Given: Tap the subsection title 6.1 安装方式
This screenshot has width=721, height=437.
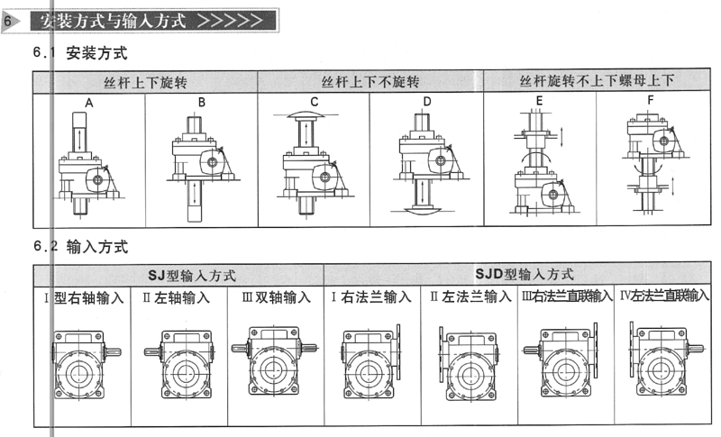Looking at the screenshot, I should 80,53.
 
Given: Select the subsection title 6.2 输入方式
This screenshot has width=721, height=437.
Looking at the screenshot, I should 80,245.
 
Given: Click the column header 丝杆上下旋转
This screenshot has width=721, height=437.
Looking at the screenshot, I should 145,82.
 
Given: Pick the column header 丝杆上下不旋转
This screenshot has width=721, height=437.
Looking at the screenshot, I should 370,82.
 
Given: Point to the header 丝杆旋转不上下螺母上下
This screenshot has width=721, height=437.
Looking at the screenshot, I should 597,82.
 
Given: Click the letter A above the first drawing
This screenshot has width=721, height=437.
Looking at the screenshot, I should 89,103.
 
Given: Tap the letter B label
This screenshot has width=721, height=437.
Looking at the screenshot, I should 202,103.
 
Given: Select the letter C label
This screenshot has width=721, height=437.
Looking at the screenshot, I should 315,102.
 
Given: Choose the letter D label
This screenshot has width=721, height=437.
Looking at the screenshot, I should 427,102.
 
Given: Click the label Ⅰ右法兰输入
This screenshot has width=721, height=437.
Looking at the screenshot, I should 371,296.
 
